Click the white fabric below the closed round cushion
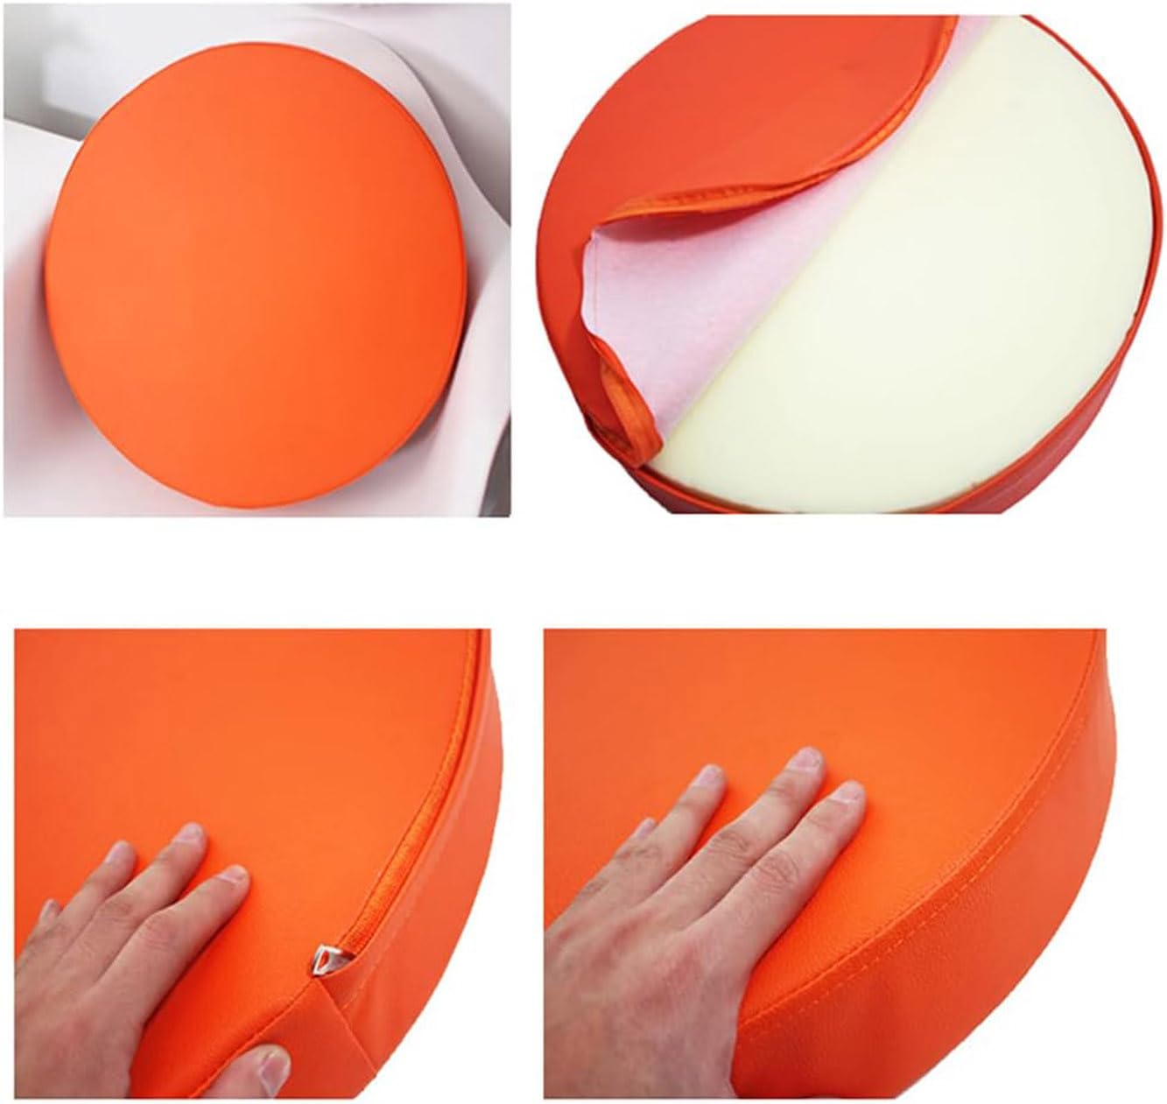click(263, 517)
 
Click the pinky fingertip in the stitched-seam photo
click(649, 830)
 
